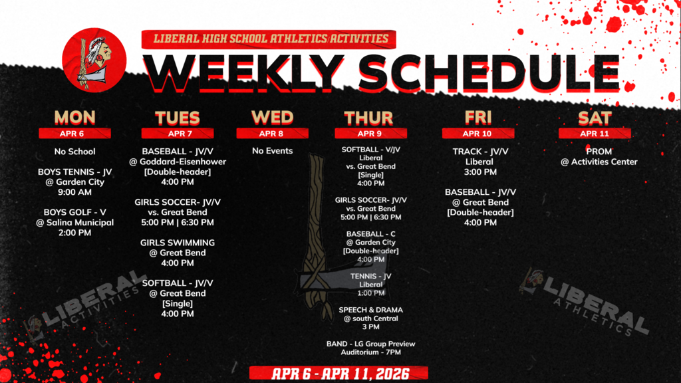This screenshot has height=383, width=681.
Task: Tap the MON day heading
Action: coord(74,118)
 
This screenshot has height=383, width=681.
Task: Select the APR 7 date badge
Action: coord(178,133)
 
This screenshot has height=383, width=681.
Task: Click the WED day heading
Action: coord(272,118)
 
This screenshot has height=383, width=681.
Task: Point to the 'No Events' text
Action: coord(272,151)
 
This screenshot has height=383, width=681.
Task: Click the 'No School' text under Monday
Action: coord(74,152)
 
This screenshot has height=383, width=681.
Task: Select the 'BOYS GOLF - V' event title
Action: coord(74,212)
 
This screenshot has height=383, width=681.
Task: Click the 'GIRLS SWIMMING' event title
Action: coord(178,243)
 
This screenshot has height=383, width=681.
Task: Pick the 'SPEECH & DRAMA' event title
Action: coord(370,310)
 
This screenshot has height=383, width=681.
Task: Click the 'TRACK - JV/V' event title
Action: coord(479,152)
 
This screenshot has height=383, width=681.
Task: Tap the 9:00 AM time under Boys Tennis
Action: coord(74,192)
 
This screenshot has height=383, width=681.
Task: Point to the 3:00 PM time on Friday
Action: coord(479,172)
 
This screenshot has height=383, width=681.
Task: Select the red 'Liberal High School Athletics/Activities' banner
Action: coord(269,39)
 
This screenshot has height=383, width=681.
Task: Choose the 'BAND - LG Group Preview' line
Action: coord(370,344)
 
